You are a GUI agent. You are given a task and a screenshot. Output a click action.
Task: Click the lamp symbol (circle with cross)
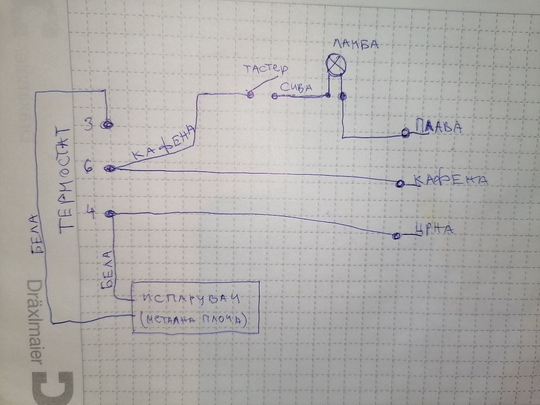point(335,65)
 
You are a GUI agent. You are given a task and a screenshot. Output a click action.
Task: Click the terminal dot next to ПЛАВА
point(405,133)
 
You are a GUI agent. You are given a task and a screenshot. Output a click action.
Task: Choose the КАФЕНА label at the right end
point(450,180)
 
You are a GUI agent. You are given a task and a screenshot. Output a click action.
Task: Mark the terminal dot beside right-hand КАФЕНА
point(400,184)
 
